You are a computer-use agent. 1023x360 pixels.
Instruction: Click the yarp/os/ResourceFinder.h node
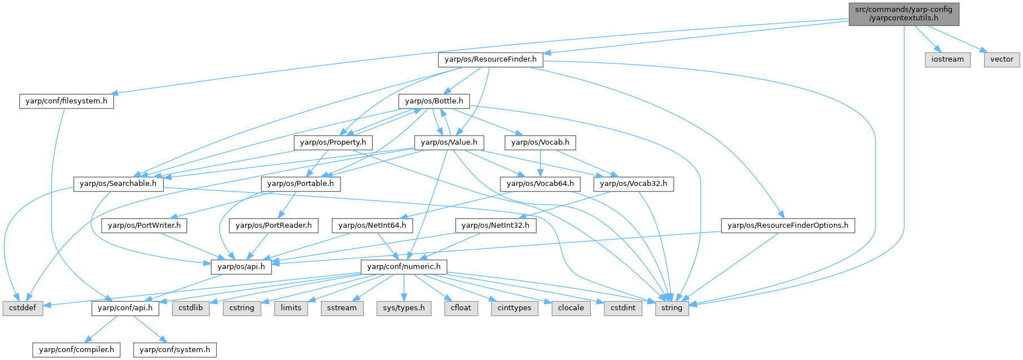click(490, 59)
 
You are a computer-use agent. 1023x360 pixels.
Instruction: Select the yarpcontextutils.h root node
click(904, 14)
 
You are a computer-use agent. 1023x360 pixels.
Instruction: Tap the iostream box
click(947, 59)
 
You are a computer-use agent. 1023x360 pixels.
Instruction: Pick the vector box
click(1002, 59)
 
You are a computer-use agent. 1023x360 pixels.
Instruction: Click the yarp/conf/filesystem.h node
click(66, 101)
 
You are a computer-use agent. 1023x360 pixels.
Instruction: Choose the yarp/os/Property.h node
click(333, 142)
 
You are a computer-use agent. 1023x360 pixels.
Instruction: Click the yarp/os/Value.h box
click(449, 142)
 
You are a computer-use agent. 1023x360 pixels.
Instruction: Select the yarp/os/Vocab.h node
click(540, 142)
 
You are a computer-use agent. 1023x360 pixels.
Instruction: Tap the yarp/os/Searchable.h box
click(118, 184)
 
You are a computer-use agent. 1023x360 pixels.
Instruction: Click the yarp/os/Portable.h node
click(301, 184)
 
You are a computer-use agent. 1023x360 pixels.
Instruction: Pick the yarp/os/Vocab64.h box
click(540, 184)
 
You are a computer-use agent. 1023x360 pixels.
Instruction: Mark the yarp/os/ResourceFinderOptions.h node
click(787, 225)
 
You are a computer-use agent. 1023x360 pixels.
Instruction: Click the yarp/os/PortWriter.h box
click(144, 225)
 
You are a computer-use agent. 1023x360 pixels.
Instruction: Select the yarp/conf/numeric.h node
click(404, 266)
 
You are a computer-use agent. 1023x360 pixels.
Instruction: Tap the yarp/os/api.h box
click(241, 266)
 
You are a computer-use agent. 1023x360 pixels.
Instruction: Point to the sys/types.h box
click(404, 308)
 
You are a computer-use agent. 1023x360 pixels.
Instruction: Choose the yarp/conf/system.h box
click(175, 350)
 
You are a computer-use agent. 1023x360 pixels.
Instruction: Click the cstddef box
click(23, 308)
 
